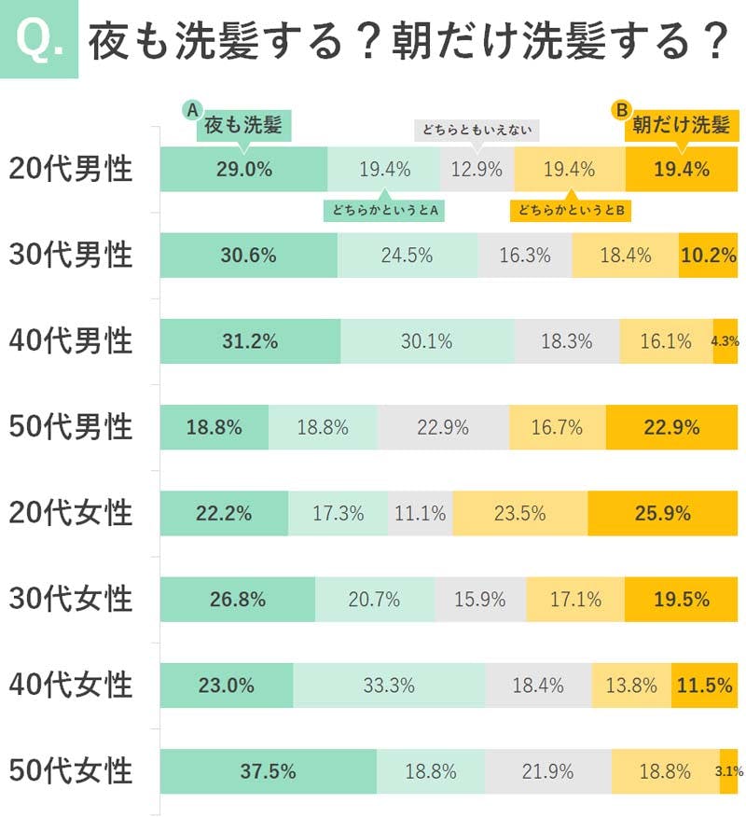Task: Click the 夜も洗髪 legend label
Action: click(x=242, y=125)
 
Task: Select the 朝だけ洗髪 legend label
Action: click(x=681, y=125)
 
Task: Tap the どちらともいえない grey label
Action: click(x=477, y=131)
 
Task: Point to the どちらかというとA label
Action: click(x=383, y=211)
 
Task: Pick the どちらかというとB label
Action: click(x=571, y=211)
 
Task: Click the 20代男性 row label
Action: click(x=71, y=169)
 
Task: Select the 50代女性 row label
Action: click(x=71, y=771)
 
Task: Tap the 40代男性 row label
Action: click(x=71, y=341)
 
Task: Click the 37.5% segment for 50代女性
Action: click(x=268, y=771)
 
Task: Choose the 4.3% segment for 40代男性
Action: click(x=725, y=341)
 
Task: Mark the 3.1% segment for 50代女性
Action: click(x=728, y=771)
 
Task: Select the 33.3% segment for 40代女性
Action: click(x=389, y=685)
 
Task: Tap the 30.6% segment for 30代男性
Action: click(x=248, y=255)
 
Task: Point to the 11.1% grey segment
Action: click(x=420, y=513)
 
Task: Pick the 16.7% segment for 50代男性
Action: click(x=557, y=427)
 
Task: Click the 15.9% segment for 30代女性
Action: click(x=479, y=600)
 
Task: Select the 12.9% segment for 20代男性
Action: click(x=477, y=169)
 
